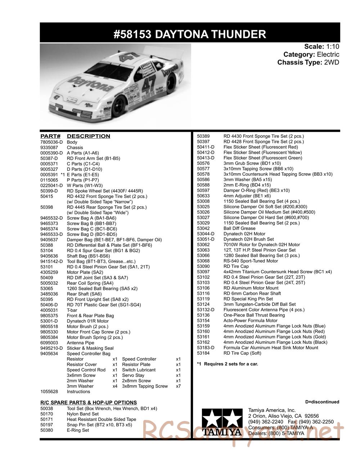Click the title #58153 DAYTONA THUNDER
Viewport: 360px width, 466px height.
(x=190, y=34)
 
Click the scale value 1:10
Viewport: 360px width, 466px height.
(x=332, y=46)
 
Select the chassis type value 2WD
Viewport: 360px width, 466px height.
(x=332, y=62)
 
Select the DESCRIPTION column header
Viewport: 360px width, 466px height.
(x=89, y=136)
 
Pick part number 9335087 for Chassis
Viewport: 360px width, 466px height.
(x=49, y=148)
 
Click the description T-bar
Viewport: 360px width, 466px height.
(x=72, y=310)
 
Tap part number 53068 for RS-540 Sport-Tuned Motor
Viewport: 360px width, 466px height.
(x=203, y=261)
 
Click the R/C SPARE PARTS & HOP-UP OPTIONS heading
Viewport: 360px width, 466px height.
(x=89, y=402)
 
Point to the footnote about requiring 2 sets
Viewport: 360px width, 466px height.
(x=227, y=364)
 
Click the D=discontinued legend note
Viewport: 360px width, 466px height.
(x=322, y=402)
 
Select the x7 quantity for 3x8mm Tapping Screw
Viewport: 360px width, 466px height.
(x=178, y=386)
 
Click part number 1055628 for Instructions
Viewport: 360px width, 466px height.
(x=49, y=391)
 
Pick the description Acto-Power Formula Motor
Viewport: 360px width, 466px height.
(x=250, y=321)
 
